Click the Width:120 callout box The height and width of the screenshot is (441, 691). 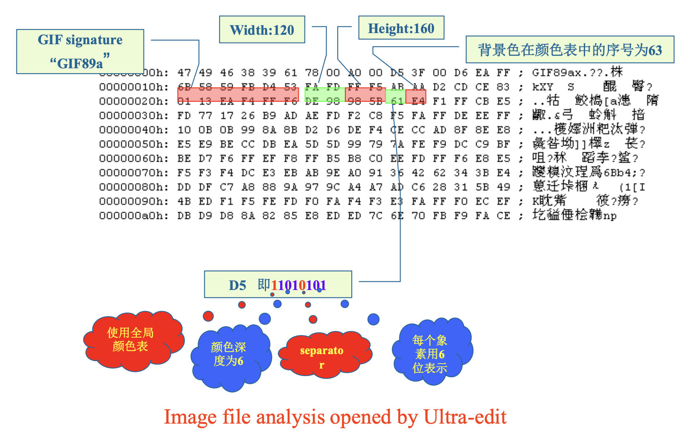262,30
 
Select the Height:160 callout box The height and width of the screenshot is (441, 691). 401,28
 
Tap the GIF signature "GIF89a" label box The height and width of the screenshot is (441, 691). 80,51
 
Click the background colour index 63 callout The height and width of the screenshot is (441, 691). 570,50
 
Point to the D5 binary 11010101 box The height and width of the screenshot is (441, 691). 278,285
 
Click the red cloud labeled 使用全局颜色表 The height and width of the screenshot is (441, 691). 130,340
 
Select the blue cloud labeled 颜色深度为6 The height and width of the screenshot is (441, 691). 229,354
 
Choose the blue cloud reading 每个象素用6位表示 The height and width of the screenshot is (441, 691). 430,354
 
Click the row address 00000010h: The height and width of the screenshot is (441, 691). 134,87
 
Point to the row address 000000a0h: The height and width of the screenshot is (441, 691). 134,216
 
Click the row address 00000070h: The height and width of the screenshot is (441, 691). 134,173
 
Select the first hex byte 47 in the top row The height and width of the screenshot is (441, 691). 184,73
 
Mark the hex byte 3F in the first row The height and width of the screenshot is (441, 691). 418,73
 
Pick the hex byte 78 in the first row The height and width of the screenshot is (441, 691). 312,73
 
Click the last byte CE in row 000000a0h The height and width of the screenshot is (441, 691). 503,216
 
